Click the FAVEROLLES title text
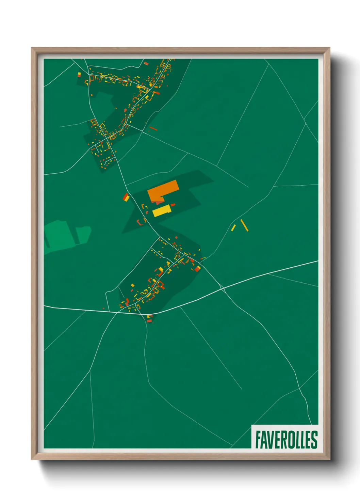coord(286,440)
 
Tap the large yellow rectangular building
coord(161,211)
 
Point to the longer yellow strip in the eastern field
coord(244,225)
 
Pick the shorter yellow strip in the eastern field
coord(233,227)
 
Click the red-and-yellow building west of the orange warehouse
coord(126,197)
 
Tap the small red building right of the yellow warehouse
coord(173,205)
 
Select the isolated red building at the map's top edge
coord(146,63)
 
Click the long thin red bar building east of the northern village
coord(153,128)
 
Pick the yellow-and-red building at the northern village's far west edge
coord(79,74)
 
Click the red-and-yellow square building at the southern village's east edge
coord(197,269)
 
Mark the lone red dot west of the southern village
coord(104,309)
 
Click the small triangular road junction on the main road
coord(223,289)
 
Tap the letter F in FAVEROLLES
coord(258,440)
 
